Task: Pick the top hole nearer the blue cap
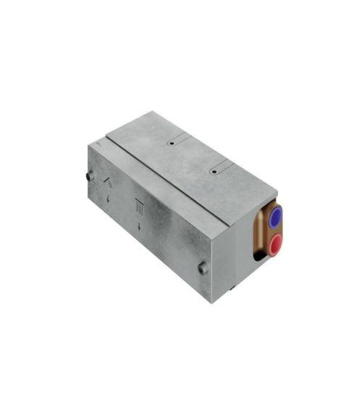(x=214, y=173)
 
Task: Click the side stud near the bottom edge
(x=203, y=268)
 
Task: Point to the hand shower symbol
(x=109, y=182)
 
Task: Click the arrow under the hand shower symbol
(x=109, y=198)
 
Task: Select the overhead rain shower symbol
(x=140, y=205)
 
